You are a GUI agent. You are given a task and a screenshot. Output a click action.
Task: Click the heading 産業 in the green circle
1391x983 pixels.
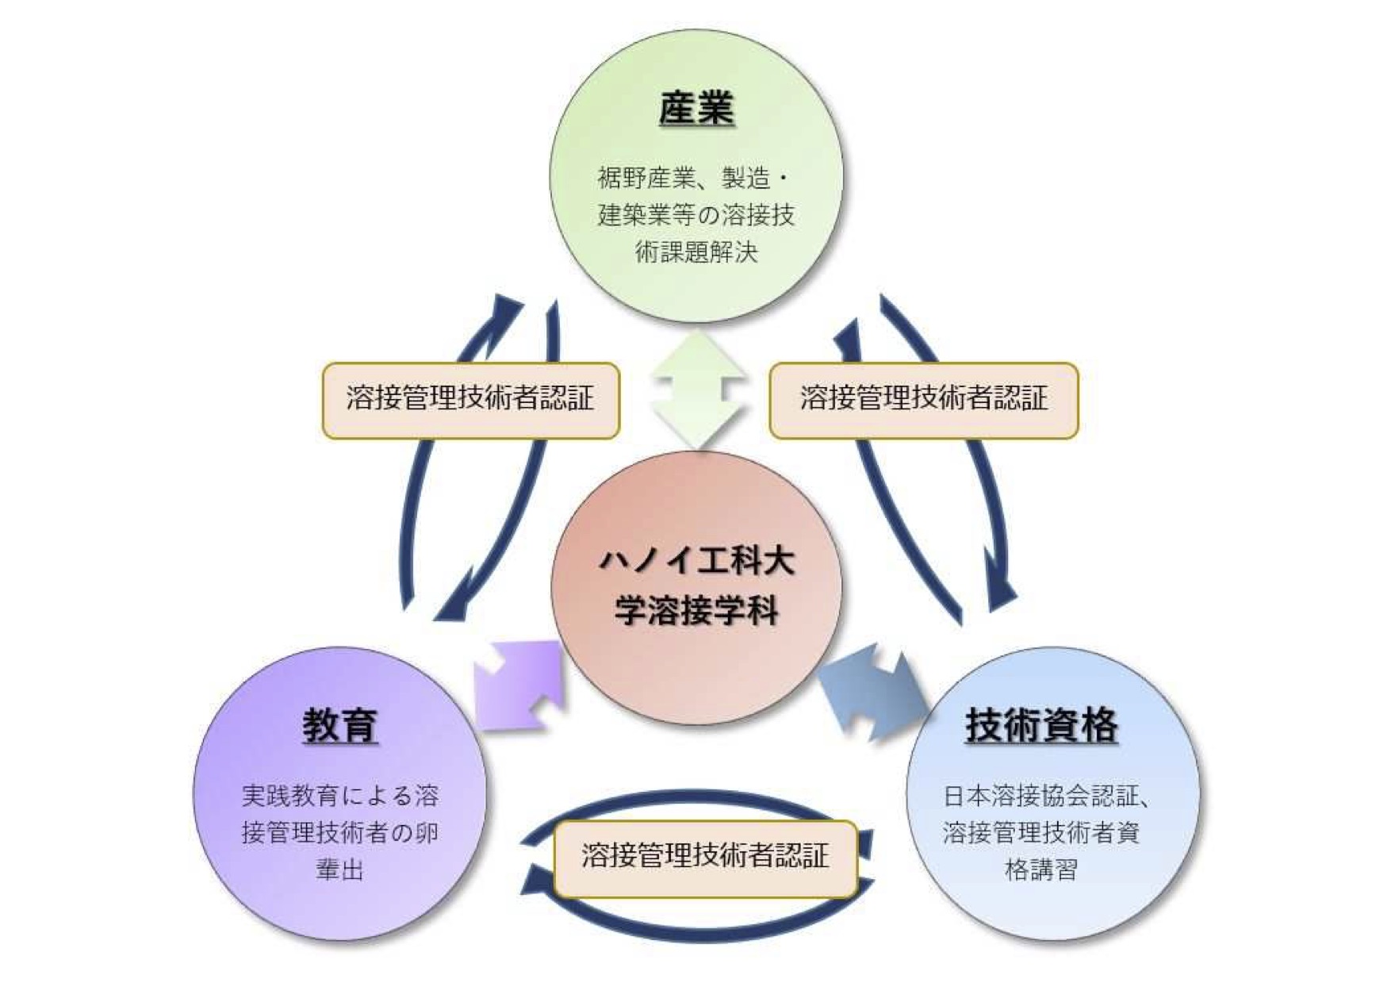695,109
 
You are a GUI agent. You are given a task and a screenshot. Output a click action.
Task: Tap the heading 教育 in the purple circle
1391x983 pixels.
339,725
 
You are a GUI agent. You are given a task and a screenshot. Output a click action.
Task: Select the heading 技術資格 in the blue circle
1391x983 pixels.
1041,725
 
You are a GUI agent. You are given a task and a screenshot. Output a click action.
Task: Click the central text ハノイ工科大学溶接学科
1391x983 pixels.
695,586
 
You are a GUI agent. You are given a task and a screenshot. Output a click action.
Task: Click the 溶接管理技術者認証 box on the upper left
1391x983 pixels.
470,399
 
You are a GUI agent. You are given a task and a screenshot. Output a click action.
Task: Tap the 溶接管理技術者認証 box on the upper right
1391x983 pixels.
924,399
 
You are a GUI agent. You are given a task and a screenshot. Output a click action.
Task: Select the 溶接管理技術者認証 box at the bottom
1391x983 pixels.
705,858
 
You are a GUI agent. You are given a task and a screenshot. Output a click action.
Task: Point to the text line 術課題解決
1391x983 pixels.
696,252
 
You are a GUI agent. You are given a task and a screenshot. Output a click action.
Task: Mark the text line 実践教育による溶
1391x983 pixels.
339,796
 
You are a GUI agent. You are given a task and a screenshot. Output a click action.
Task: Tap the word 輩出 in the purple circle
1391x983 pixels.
339,870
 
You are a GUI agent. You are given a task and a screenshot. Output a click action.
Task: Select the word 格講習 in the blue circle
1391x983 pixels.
1040,870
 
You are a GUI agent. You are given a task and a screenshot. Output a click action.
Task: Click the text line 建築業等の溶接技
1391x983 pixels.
695,215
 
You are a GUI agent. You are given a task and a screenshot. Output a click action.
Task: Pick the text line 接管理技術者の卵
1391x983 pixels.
339,833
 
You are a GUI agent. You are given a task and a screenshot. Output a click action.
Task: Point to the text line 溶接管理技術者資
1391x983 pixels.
1040,833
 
